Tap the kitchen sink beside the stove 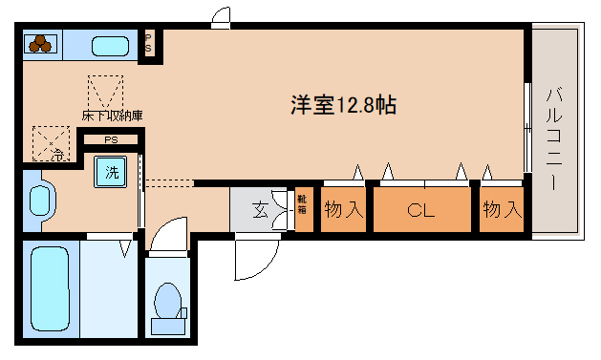(112, 45)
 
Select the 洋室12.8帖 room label (344, 105)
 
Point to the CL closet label (421, 210)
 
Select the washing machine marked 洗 (112, 174)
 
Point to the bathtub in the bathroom (50, 288)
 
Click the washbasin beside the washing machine (40, 201)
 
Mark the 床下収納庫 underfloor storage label (111, 115)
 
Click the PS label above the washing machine (111, 139)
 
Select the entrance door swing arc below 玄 (254, 258)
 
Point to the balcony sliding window (527, 129)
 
